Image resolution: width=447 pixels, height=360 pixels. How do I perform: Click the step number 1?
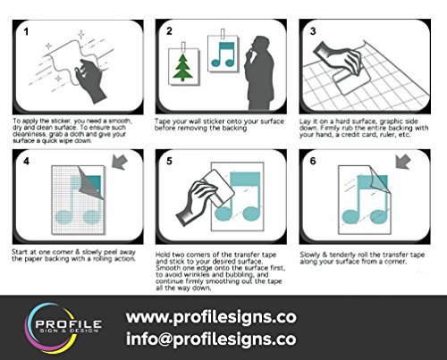point(26,31)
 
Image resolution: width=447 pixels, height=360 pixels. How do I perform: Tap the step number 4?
point(26,161)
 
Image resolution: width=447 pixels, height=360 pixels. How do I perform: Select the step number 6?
point(313,161)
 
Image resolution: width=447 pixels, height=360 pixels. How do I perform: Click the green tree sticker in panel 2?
point(183,68)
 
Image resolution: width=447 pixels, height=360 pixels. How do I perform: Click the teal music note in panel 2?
point(223,54)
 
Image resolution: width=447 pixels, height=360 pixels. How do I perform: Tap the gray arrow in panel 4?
point(120,162)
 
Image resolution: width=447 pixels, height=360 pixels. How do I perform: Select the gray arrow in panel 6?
point(403,162)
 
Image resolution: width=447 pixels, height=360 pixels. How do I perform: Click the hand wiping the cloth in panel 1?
point(90,80)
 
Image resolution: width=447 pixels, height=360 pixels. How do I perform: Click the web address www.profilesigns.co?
point(211,317)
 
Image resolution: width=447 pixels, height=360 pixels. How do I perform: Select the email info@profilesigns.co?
point(211,339)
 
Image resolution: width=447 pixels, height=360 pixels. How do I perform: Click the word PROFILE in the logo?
point(69,323)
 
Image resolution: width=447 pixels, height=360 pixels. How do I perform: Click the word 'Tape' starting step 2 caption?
point(163,121)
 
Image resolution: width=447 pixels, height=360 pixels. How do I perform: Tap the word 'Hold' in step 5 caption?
point(163,255)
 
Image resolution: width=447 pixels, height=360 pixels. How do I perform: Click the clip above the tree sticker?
point(183,46)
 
